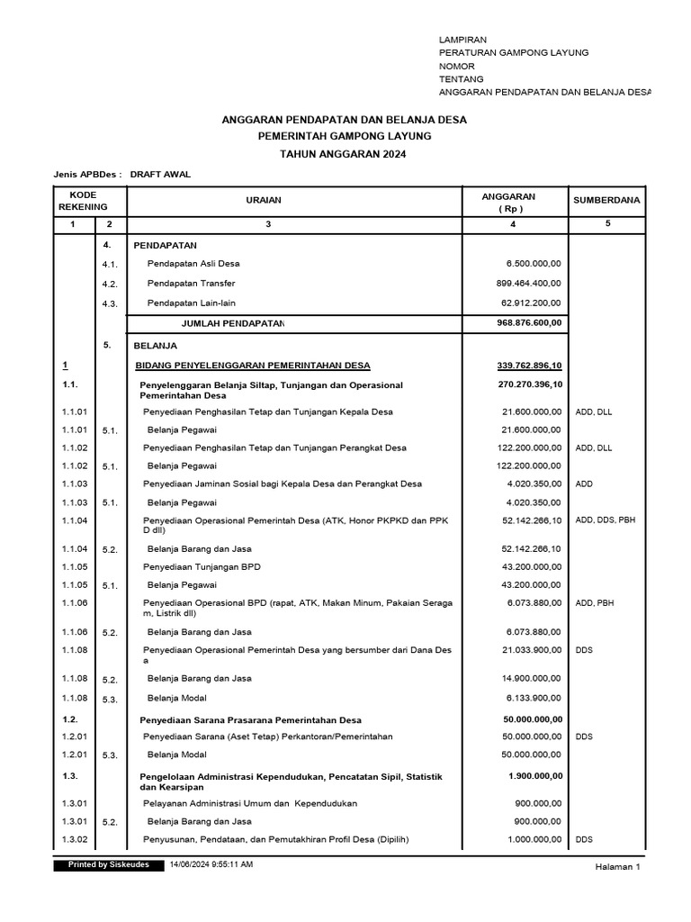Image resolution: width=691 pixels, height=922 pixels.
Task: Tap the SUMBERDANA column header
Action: (x=607, y=200)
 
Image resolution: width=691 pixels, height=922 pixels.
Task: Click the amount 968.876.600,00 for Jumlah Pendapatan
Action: (x=528, y=322)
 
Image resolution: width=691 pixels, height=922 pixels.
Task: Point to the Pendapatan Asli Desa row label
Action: (x=193, y=264)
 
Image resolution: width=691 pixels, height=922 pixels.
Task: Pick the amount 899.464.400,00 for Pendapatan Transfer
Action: (x=528, y=283)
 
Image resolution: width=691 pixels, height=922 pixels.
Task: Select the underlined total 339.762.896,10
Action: (x=529, y=365)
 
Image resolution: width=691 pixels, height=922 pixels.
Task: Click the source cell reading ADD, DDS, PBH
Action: (x=606, y=520)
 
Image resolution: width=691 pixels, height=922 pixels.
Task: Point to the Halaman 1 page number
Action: (x=617, y=866)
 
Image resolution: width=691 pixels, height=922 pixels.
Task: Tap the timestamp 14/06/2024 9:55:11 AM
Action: (x=211, y=864)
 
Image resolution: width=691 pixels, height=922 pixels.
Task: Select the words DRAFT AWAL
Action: (x=160, y=175)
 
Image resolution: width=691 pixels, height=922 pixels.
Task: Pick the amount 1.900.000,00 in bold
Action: (x=534, y=775)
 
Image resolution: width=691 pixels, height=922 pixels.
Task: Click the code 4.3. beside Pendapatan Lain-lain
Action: (x=110, y=303)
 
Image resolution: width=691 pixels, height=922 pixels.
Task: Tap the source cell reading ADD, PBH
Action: (x=593, y=603)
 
